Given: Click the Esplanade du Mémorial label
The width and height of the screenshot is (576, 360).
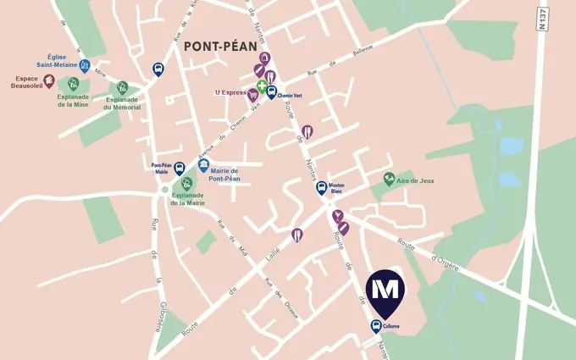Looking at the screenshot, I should click(122, 102).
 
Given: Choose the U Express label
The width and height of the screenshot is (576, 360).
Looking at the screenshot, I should click(230, 92).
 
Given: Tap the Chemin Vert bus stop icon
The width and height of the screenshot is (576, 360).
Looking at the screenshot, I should click(271, 91).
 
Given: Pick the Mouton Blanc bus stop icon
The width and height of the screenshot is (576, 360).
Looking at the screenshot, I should click(322, 187).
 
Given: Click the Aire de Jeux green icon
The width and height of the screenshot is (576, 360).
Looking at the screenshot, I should click(388, 178).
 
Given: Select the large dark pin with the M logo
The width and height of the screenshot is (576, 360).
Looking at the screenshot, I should click(385, 291).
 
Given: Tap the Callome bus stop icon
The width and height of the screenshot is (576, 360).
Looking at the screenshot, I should click(375, 327).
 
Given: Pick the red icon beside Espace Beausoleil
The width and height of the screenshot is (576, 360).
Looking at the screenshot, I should click(49, 81).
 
